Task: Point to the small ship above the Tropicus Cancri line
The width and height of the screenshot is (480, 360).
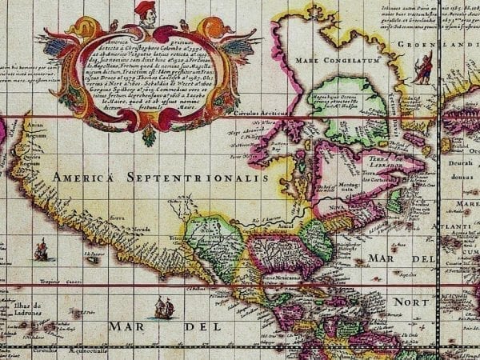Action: pos(41,251)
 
